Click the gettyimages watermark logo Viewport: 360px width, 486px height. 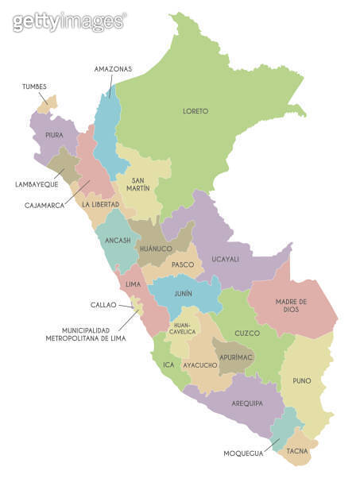(x=69, y=21)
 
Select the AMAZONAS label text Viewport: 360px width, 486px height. (x=113, y=69)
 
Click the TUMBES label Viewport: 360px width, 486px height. (x=34, y=87)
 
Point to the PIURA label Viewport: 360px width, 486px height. (x=54, y=136)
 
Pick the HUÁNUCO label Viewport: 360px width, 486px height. (x=156, y=249)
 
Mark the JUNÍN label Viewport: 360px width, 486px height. (x=183, y=293)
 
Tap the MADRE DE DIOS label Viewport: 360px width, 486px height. (x=292, y=305)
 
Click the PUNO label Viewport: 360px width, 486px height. (x=303, y=380)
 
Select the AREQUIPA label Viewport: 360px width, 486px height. (x=247, y=403)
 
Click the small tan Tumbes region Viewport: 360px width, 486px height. (x=51, y=100)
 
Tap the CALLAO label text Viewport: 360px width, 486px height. (x=103, y=304)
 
